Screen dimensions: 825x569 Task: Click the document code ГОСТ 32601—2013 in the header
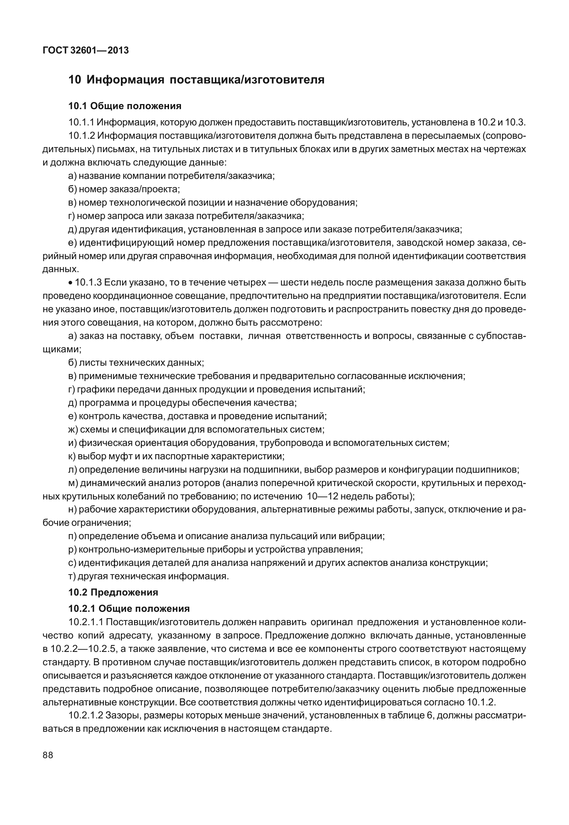pos(86,51)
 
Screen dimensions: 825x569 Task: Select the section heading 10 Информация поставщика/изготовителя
pos(196,80)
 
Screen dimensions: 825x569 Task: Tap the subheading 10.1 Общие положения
pos(125,106)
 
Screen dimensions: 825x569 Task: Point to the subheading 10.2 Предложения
pos(113,592)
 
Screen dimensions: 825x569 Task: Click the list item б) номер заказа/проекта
pos(124,189)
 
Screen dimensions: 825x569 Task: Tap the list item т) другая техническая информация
pos(148,576)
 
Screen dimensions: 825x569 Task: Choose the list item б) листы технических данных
pos(136,362)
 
